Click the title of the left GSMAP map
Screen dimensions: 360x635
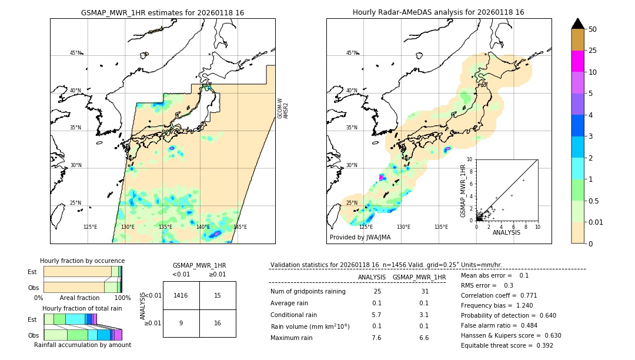162,12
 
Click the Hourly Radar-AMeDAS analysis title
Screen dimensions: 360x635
438,12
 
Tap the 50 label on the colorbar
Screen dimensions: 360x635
593,29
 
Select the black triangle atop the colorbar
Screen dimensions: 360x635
577,24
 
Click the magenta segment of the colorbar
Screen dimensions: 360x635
577,62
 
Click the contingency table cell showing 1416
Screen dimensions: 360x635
181,295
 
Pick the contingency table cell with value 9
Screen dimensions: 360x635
181,323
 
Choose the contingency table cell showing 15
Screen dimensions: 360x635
218,295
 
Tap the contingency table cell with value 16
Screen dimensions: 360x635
218,323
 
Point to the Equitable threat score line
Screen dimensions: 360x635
507,345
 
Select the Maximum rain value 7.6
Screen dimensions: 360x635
376,338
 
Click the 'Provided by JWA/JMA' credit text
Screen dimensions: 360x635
360,238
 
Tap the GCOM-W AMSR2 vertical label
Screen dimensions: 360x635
283,109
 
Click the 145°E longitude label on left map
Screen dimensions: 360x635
240,227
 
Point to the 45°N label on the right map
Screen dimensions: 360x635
352,53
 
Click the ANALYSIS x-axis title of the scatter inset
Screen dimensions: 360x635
506,232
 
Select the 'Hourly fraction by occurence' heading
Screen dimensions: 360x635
82,261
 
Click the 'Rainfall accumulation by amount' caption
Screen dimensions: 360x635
82,345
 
